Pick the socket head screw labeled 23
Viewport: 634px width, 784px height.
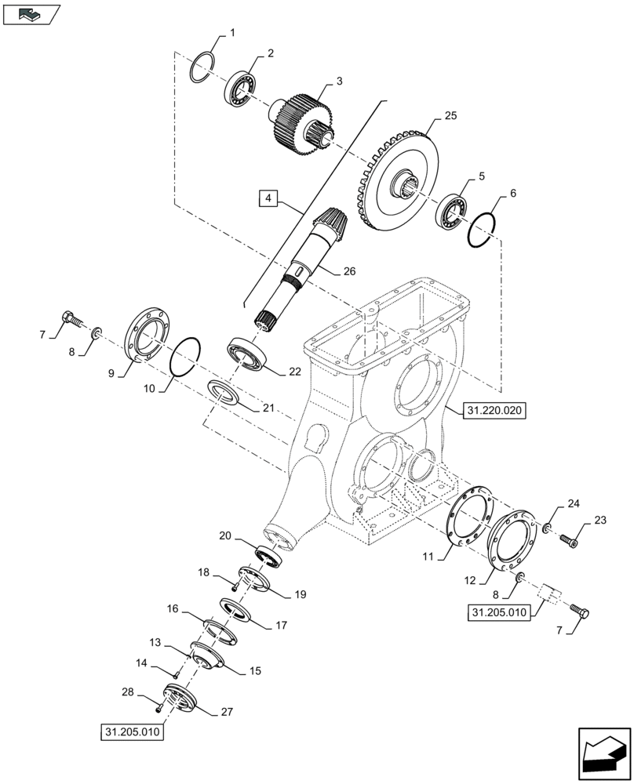click(x=570, y=539)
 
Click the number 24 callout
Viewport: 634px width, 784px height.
click(x=574, y=503)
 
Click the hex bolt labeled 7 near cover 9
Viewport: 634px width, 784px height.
click(x=71, y=320)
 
